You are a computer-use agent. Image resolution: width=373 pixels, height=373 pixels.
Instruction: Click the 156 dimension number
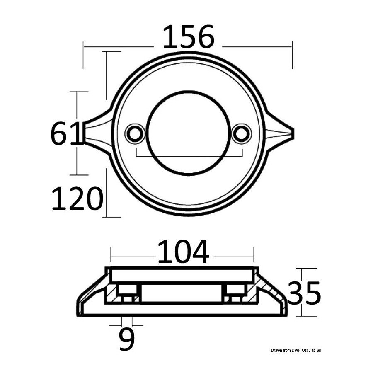189,36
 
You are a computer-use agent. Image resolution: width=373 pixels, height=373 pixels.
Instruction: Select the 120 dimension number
78,198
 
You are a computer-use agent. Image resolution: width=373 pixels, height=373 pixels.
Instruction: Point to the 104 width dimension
183,252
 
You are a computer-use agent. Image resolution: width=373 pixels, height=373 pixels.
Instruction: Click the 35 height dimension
305,293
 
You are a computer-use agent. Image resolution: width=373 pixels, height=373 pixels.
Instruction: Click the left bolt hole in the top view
135,134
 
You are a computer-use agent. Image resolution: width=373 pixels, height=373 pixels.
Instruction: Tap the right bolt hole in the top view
241,134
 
